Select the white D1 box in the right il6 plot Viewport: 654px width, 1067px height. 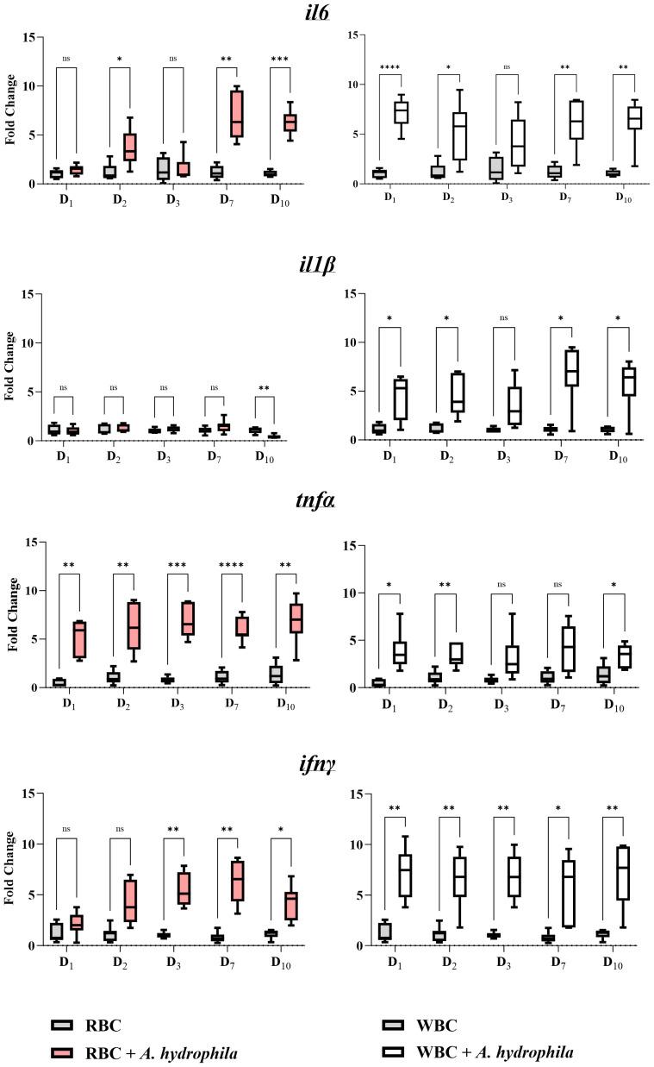pyautogui.click(x=401, y=112)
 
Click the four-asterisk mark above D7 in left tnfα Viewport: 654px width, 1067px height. pyautogui.click(x=227, y=568)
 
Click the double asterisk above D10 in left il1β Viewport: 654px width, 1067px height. pyautogui.click(x=265, y=388)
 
